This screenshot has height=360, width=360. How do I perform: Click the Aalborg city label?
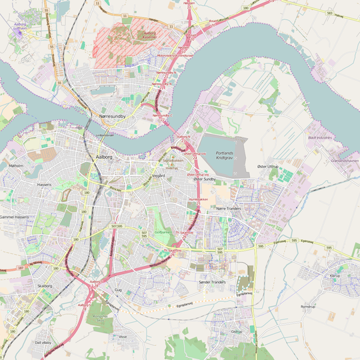[105, 156]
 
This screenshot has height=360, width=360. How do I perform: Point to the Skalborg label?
[45, 285]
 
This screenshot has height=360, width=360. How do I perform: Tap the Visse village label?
[122, 337]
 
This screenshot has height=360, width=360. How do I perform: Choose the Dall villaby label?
[43, 343]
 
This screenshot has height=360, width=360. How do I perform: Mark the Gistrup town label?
[236, 331]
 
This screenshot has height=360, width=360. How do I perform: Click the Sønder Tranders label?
[213, 282]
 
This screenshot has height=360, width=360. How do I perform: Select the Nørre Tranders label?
[229, 209]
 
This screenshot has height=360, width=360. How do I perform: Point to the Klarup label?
[335, 275]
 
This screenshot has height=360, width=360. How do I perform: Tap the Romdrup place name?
[307, 307]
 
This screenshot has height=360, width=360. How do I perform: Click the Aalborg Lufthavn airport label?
[21, 27]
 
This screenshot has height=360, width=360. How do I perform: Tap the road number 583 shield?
[329, 13]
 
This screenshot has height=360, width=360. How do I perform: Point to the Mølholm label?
[16, 165]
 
